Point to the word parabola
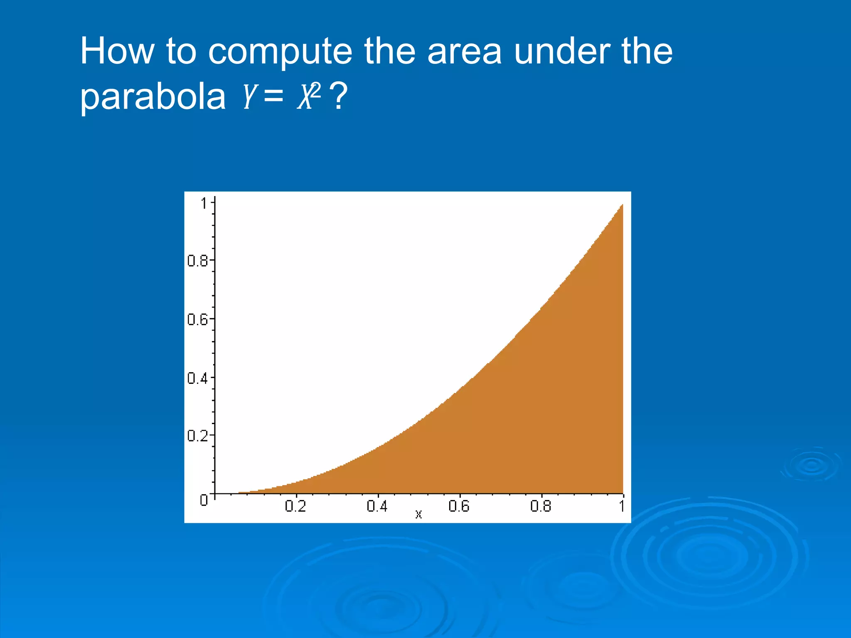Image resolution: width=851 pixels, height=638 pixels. (x=152, y=97)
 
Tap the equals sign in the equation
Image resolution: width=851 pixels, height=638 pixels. (x=273, y=97)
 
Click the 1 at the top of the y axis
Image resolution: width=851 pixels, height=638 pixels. (x=204, y=204)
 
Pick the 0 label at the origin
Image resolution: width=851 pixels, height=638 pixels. (x=204, y=500)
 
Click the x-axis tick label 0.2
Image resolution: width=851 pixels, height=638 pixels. (x=295, y=506)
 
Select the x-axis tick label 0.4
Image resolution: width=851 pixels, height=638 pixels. (x=377, y=506)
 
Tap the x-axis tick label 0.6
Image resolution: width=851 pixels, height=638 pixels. (x=459, y=506)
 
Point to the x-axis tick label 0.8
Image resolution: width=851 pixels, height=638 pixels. (x=541, y=506)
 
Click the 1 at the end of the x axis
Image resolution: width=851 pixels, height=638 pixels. (x=622, y=506)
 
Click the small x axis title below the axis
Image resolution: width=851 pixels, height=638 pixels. (x=418, y=515)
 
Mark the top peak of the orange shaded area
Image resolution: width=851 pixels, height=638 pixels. (x=622, y=205)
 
